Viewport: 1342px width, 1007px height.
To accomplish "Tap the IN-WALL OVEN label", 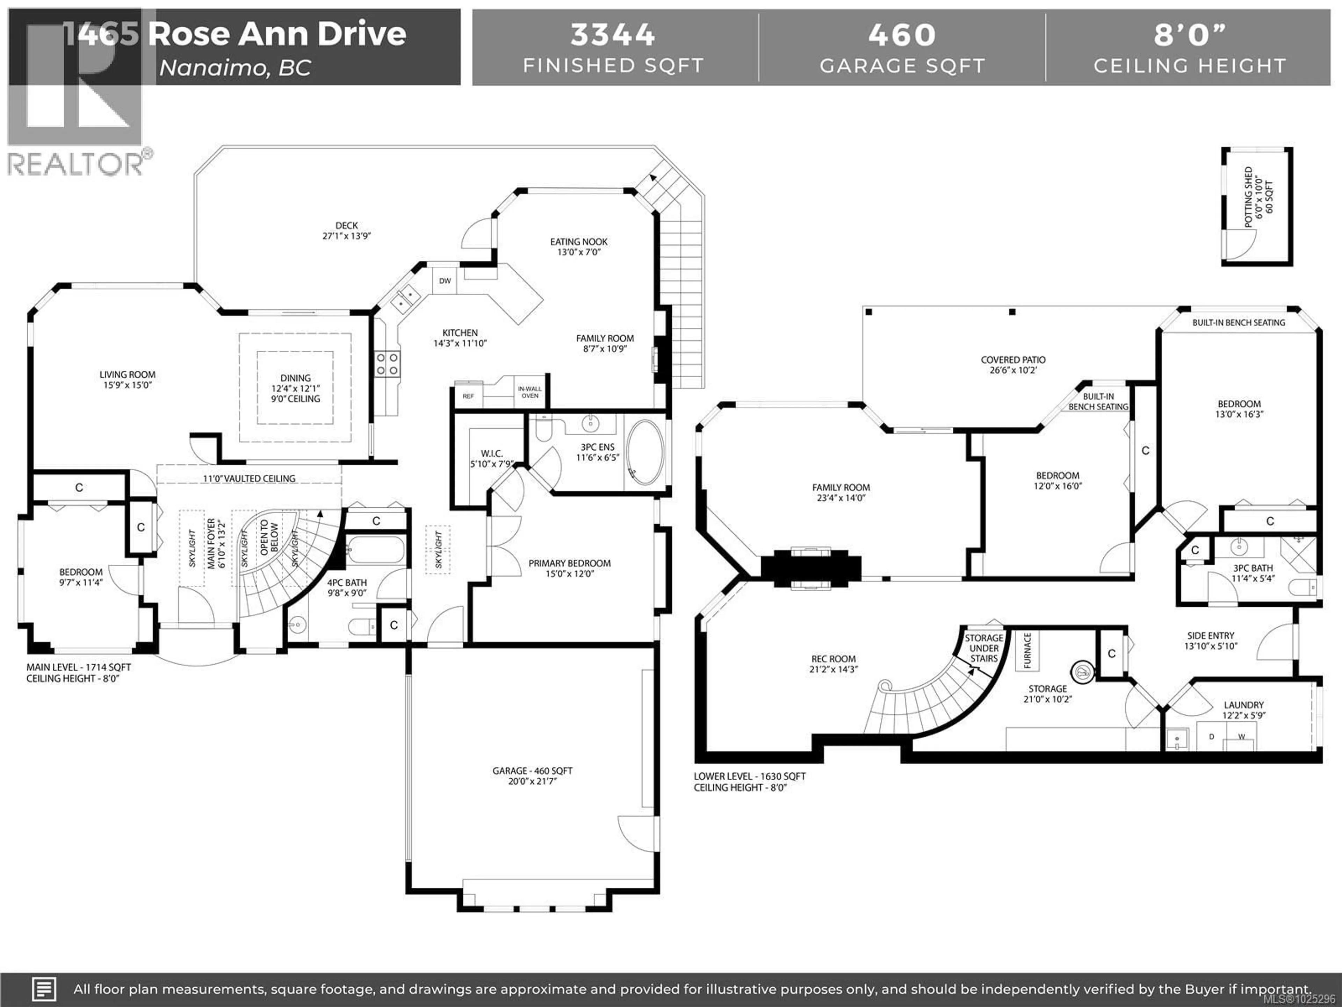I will (x=530, y=392).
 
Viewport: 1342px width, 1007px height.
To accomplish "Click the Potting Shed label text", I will (x=1258, y=197).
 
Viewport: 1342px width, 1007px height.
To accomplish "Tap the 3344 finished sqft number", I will (x=613, y=35).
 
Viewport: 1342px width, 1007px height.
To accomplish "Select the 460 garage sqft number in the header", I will (x=902, y=35).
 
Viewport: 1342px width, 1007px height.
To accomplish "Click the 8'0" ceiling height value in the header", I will (x=1190, y=35).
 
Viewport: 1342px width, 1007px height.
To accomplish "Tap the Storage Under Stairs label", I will (x=984, y=648).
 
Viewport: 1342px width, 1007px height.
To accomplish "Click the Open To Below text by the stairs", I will (x=269, y=537).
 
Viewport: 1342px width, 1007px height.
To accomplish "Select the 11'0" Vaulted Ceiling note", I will (x=249, y=478).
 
